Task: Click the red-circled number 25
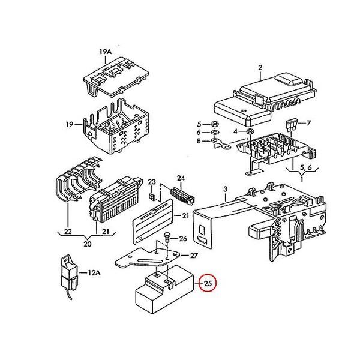(x=208, y=284)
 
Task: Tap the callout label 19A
(x=106, y=52)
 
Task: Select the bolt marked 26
(x=167, y=238)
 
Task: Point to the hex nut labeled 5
(x=215, y=124)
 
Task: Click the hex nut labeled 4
(x=250, y=131)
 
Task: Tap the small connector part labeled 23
(x=152, y=197)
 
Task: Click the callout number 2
(x=260, y=67)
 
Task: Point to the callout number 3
(x=226, y=189)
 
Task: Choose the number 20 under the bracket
(x=87, y=244)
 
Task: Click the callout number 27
(x=194, y=256)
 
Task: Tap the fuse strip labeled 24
(x=183, y=195)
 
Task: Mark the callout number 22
(x=68, y=232)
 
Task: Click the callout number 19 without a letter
(x=70, y=124)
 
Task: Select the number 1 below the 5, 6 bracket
(x=302, y=179)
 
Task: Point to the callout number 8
(x=199, y=141)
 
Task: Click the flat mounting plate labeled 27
(x=148, y=258)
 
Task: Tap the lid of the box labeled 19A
(x=116, y=77)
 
